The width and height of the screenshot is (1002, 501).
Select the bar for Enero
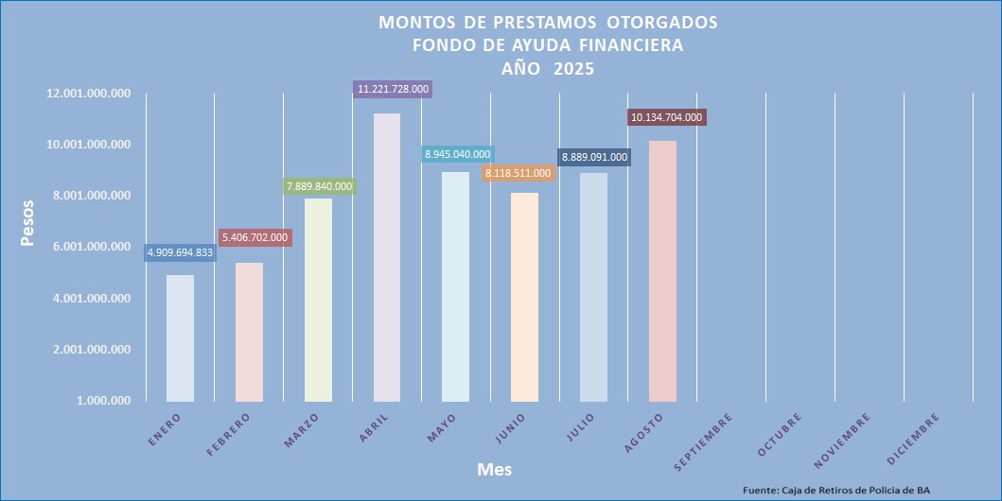click(x=180, y=337)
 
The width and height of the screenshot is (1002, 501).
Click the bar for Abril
click(x=386, y=257)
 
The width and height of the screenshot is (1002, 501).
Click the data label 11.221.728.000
click(x=394, y=89)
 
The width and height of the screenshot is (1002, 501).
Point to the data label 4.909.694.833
click(x=180, y=252)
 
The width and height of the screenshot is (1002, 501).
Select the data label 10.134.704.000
click(x=667, y=117)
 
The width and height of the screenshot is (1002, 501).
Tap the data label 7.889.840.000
click(x=319, y=186)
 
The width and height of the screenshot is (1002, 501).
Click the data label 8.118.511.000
click(x=518, y=173)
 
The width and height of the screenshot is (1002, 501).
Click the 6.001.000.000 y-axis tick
click(x=92, y=247)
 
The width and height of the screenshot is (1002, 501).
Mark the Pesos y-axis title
click(x=27, y=222)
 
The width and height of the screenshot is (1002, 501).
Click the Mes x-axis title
click(x=494, y=469)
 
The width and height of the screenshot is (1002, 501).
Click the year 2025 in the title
click(x=573, y=67)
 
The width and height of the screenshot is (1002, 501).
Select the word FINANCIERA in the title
click(x=624, y=44)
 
